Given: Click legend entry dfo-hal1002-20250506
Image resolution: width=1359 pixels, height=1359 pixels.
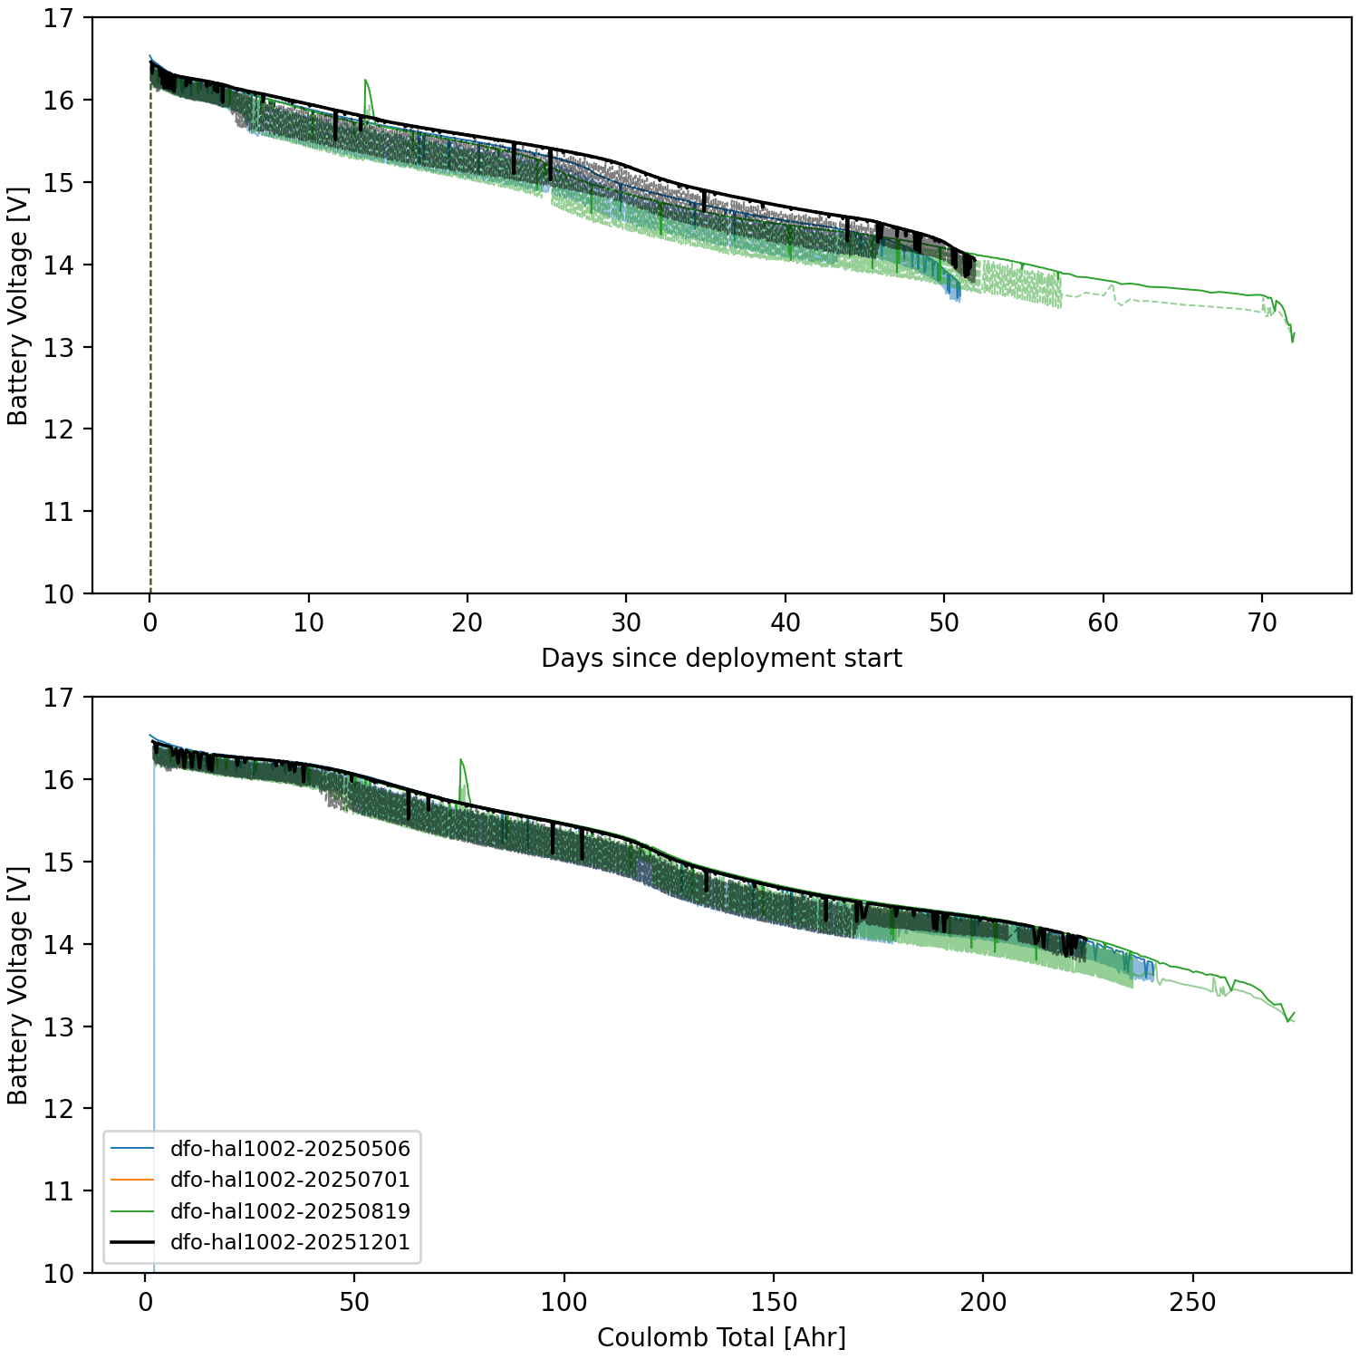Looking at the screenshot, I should tap(290, 1149).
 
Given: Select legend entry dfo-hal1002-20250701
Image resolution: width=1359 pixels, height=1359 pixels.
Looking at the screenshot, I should tap(290, 1180).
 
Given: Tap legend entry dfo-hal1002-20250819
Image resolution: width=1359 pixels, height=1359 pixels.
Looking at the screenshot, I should tap(290, 1211).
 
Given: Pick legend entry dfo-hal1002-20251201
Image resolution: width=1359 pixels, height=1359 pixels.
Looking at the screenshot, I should tap(290, 1242).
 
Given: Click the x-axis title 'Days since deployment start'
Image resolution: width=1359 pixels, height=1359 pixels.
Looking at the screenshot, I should tap(721, 658).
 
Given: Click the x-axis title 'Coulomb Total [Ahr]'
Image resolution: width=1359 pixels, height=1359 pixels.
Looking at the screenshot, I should tap(721, 1337).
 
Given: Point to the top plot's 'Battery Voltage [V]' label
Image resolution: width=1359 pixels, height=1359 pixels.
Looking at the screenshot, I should tap(18, 305).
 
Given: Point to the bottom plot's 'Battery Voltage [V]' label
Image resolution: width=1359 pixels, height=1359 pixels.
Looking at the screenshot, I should tap(18, 985).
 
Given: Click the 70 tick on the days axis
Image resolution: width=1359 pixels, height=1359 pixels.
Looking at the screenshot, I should tap(1262, 623).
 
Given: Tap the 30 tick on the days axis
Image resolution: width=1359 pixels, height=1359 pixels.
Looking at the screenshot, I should tap(626, 623).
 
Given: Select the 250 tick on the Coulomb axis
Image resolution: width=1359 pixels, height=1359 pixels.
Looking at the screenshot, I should tap(1192, 1303).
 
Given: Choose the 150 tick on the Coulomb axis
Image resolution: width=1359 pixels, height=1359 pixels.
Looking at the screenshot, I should tap(774, 1303).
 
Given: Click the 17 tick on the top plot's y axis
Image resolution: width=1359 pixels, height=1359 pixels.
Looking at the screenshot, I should tap(59, 18).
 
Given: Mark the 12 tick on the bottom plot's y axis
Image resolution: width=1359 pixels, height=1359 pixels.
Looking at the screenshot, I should tap(59, 1109).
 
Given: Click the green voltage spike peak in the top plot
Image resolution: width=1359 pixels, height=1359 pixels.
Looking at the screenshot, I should tap(365, 80).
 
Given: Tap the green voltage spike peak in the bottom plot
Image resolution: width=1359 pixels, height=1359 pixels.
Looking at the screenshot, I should tap(461, 759).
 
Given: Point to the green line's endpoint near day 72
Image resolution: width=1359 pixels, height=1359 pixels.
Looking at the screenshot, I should tap(1294, 335).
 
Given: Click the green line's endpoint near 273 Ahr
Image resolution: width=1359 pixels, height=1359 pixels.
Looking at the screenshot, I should tap(1294, 1014).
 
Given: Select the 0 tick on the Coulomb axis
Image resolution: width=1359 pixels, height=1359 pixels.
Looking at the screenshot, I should tap(146, 1303).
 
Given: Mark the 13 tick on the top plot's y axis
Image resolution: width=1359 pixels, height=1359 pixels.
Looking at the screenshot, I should tap(59, 347).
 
